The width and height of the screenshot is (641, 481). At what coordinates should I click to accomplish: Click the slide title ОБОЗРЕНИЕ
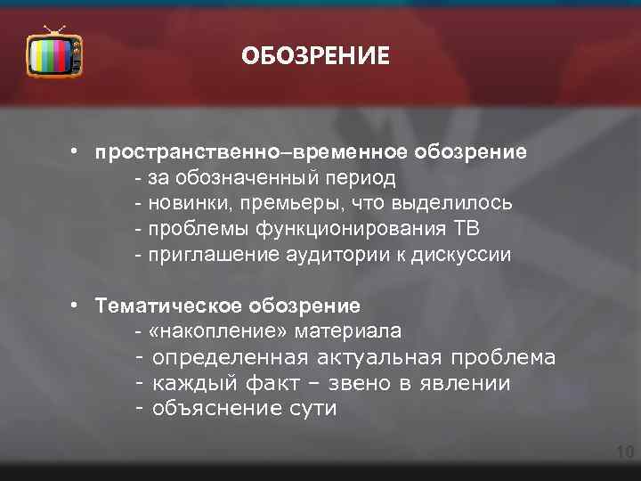[x=316, y=57]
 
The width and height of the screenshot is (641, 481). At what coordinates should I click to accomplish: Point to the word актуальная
[x=380, y=358]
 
